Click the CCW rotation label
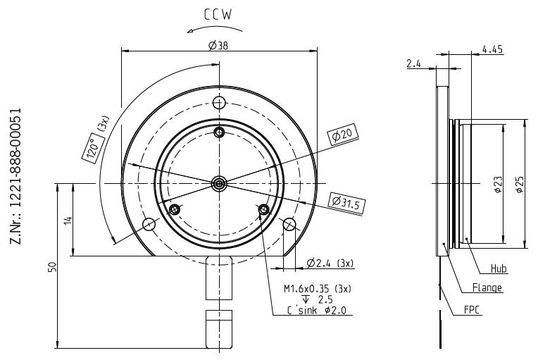tap(218, 15)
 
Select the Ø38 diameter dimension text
tap(218, 45)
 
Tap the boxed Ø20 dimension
tap(342, 134)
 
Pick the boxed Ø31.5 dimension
tap(346, 202)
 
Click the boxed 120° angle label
tap(94, 147)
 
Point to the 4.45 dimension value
tap(492, 49)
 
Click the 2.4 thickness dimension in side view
tap(413, 63)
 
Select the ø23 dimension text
tap(499, 184)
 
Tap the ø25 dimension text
tap(520, 184)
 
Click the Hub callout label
tap(499, 268)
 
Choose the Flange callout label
tap(487, 287)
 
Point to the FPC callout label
tap(471, 310)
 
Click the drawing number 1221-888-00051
tap(16, 176)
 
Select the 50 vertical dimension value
tap(52, 267)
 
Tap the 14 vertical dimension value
tap(68, 220)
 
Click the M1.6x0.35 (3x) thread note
tap(318, 289)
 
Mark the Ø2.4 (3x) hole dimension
tap(330, 263)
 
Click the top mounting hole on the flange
tap(219, 102)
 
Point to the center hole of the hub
tap(219, 184)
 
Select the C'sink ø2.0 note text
tap(317, 311)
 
